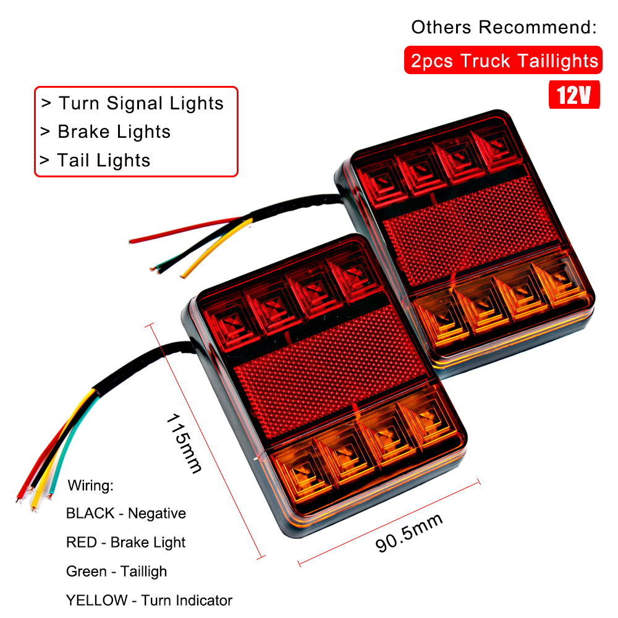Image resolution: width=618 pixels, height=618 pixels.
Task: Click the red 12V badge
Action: (574, 96)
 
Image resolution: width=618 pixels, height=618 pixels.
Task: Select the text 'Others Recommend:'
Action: (504, 27)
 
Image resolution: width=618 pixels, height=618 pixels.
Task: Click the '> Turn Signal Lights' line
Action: (132, 103)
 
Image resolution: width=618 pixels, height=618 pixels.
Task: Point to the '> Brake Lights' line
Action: (105, 132)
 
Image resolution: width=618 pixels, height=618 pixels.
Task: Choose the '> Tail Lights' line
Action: (95, 161)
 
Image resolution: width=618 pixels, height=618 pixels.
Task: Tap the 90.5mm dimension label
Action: (409, 533)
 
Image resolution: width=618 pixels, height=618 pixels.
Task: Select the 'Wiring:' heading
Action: (91, 485)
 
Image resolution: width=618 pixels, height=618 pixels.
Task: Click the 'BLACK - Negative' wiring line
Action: (125, 513)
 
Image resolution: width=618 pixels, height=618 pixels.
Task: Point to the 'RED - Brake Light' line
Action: (125, 543)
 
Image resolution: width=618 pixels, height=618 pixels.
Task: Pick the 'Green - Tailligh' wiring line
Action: (116, 572)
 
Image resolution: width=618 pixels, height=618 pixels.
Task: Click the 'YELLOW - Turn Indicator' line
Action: (149, 600)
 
